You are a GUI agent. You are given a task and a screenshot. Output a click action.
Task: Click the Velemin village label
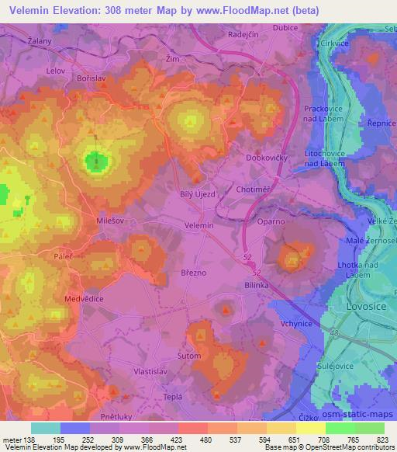tap(199, 225)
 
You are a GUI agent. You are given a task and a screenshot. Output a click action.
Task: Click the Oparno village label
tap(271, 222)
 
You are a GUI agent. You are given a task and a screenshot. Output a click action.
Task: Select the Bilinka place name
tap(262, 286)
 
